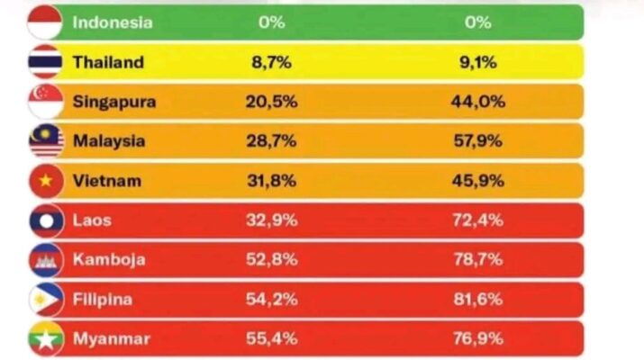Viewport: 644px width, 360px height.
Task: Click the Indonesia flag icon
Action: click(45, 22)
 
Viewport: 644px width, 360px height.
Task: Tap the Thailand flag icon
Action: click(45, 62)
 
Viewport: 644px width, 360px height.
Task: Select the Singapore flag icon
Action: click(45, 102)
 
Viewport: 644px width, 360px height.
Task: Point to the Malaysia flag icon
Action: click(45, 141)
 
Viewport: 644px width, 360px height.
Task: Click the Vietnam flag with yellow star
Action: click(45, 181)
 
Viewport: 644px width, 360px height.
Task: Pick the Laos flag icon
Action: click(45, 220)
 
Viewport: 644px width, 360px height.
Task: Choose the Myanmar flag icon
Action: click(45, 338)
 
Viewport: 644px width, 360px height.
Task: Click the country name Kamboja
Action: click(109, 260)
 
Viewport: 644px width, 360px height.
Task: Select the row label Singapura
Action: click(113, 102)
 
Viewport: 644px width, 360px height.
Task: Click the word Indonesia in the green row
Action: click(113, 22)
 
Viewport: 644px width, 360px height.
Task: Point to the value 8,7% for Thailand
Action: click(271, 62)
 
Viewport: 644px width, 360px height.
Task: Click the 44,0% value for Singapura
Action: click(477, 102)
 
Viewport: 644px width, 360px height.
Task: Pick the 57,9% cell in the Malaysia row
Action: click(477, 141)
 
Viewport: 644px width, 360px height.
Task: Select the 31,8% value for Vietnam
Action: click(271, 181)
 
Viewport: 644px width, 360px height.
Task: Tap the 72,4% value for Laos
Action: click(477, 220)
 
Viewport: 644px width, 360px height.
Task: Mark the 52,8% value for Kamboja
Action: click(271, 260)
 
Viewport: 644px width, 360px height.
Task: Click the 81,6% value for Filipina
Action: click(477, 300)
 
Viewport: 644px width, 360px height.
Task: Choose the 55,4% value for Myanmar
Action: click(271, 338)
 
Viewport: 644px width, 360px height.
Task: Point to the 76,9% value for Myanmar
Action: click(477, 338)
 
